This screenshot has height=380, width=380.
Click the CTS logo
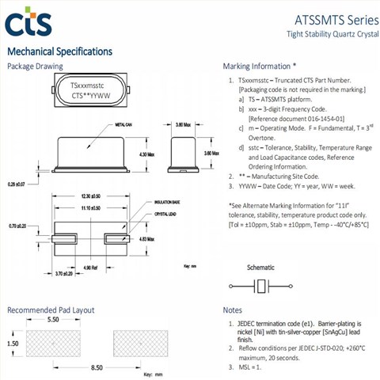(x=28, y=21)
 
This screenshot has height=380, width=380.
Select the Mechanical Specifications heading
(x=59, y=51)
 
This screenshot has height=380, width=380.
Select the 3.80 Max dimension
(x=183, y=125)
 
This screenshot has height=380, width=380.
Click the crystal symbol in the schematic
(x=258, y=287)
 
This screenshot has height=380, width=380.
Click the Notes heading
(x=233, y=310)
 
